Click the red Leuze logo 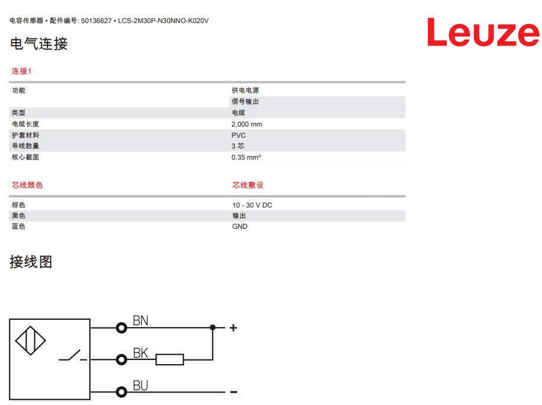point(483,32)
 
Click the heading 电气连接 point(39,44)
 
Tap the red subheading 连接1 point(21,72)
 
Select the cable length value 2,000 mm point(247,124)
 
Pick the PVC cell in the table point(239,135)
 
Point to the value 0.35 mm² point(246,157)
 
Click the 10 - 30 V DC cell point(252,205)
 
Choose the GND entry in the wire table point(239,226)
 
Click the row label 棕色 point(19,205)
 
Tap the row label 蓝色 point(19,226)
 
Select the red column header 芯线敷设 point(248,185)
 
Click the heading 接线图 point(31,262)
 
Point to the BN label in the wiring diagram point(141,320)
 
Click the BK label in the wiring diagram point(141,353)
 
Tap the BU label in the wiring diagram point(141,385)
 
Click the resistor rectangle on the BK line point(170,359)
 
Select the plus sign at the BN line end point(233,328)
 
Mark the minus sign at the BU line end point(233,392)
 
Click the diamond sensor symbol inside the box point(30,341)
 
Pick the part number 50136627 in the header point(96,21)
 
